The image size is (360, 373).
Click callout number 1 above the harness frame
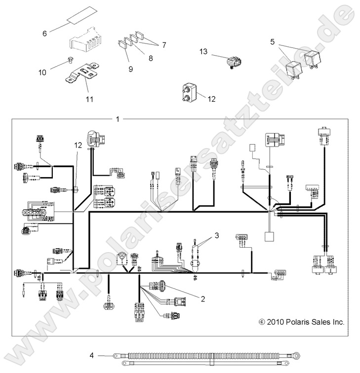[x=117, y=119]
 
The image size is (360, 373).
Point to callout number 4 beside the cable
[x=92, y=355]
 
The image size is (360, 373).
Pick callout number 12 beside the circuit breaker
[x=211, y=99]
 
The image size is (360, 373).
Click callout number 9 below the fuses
[x=131, y=69]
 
